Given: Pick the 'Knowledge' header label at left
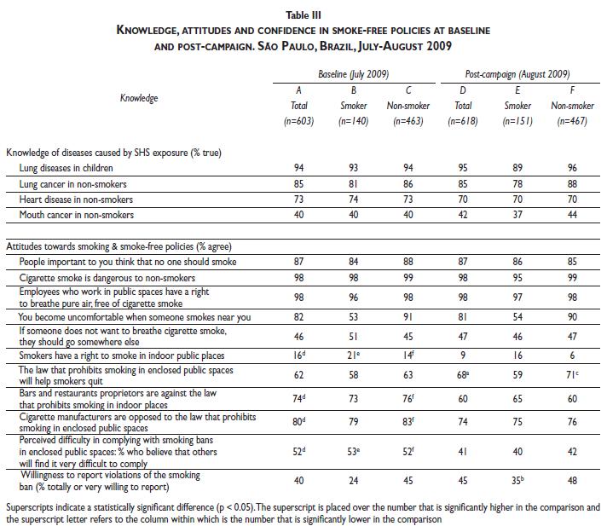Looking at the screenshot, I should click(139, 98).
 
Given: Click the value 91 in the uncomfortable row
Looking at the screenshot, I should click(409, 317).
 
